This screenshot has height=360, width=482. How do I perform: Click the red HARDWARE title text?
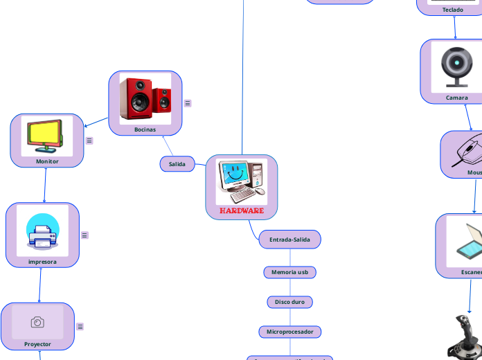(242, 210)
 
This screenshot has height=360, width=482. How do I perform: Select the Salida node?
(177, 164)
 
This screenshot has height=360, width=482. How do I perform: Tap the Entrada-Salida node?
(290, 240)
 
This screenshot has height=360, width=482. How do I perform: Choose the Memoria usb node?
(290, 272)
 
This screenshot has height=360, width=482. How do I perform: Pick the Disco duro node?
(290, 302)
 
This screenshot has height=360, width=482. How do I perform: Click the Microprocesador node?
(290, 332)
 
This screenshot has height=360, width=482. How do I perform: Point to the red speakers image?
(145, 98)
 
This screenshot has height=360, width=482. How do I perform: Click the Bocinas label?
(145, 129)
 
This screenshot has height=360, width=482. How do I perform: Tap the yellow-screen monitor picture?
(47, 136)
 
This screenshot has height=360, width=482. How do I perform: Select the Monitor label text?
(47, 161)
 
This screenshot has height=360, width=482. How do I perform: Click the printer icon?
(42, 231)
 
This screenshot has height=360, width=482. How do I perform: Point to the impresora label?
(42, 262)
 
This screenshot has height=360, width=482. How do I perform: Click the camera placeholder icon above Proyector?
(37, 323)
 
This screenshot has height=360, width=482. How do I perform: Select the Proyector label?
(37, 344)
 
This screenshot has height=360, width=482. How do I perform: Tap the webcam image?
(456, 66)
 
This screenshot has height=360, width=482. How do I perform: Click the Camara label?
(456, 98)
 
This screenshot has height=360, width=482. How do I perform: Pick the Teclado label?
(453, 10)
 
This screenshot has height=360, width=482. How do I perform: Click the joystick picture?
(462, 338)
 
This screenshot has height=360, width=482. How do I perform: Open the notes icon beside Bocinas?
(188, 103)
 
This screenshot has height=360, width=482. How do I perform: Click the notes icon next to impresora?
(84, 235)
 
